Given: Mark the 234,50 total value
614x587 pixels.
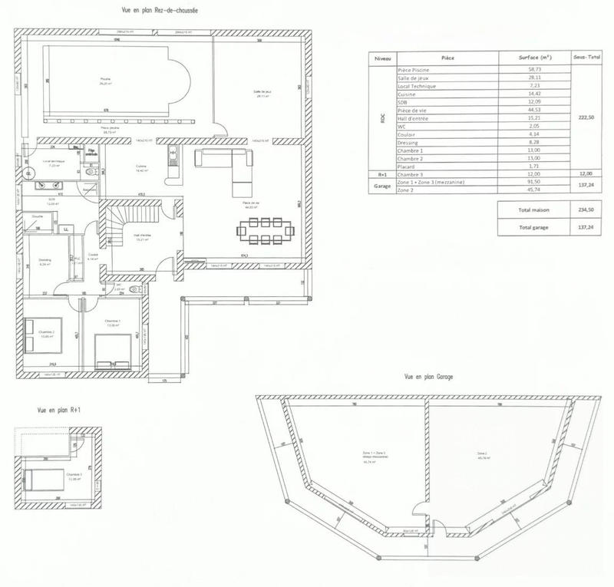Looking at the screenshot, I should coord(587,209).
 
